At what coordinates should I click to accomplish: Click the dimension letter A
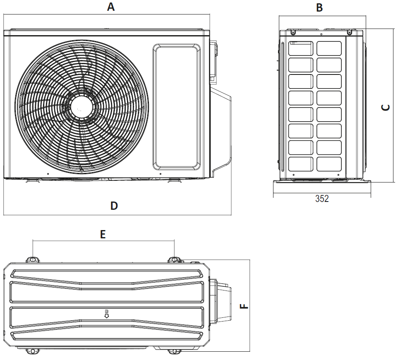tap(110, 7)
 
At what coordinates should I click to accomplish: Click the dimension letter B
tap(319, 7)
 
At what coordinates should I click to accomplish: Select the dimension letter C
tap(386, 107)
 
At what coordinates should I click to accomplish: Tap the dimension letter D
tap(114, 206)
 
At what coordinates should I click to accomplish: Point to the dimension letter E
tap(103, 234)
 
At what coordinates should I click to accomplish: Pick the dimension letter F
tap(245, 307)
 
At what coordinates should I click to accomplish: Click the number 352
tap(322, 199)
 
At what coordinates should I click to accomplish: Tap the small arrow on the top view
tap(106, 315)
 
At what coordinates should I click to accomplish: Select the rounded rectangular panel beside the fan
tap(177, 107)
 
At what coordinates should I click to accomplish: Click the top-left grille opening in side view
tap(300, 48)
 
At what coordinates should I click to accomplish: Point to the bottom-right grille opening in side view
tap(329, 164)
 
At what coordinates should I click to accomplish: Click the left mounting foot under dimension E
tap(33, 259)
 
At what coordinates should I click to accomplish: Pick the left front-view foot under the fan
tap(32, 180)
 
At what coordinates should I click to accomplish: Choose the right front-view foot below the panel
tap(175, 180)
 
